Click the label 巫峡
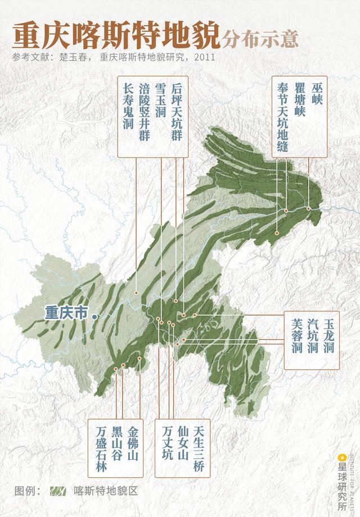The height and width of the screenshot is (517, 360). click(319, 96)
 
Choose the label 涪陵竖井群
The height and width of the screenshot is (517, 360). click(144, 111)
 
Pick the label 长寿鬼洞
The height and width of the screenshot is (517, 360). click(128, 104)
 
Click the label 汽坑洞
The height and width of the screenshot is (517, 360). click(313, 336)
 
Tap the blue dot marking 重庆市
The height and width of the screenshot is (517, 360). click(94, 317)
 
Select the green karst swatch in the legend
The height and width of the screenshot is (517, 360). click(58, 490)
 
